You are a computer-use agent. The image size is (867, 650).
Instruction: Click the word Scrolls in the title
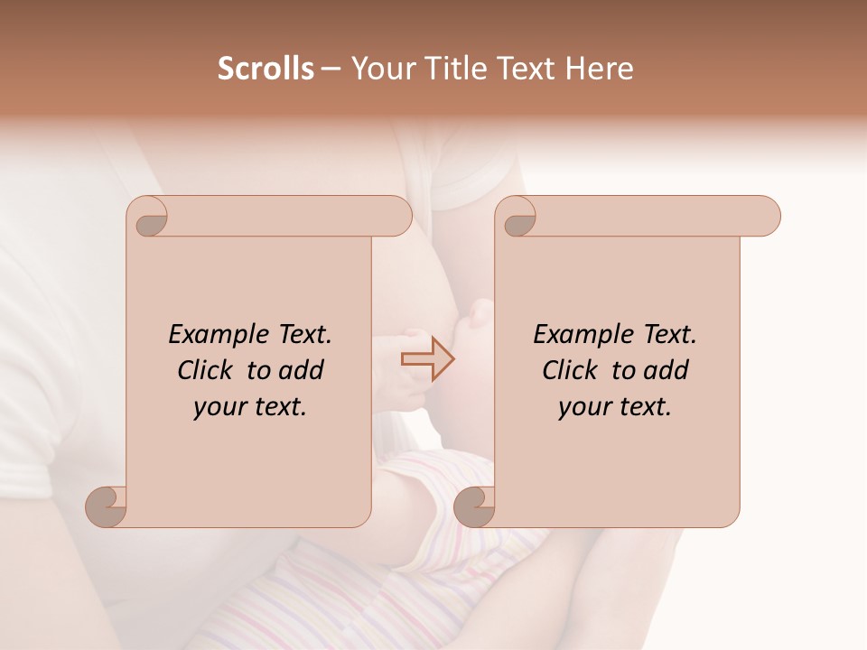[x=266, y=69]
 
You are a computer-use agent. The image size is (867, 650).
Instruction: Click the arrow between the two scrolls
[x=428, y=359]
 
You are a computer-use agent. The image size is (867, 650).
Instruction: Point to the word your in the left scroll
[x=219, y=407]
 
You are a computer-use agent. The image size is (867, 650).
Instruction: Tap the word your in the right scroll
[x=584, y=407]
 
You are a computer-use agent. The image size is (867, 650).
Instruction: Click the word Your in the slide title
[x=379, y=69]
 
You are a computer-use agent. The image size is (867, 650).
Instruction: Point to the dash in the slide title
[x=331, y=70]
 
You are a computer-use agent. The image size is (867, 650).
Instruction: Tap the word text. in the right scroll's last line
[x=643, y=407]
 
